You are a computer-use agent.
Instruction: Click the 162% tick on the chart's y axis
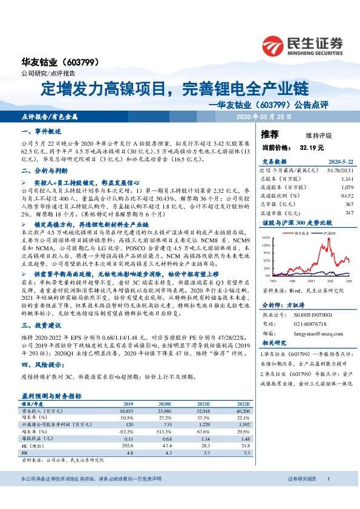tap(265, 238)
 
